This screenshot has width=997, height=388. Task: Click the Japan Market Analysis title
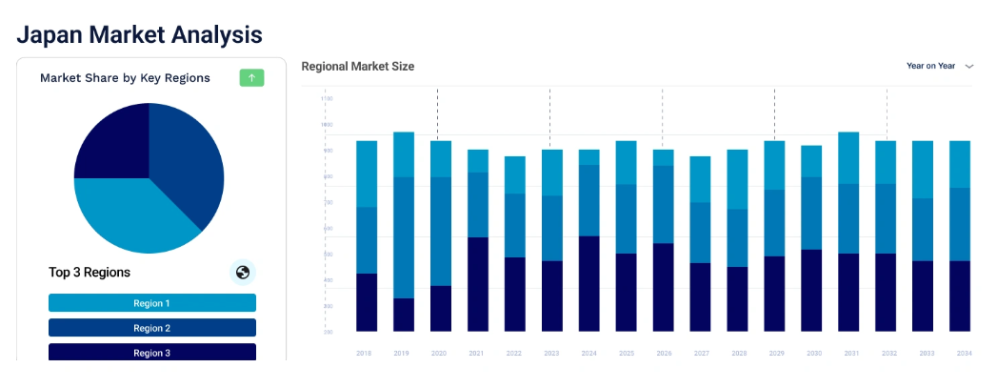(139, 35)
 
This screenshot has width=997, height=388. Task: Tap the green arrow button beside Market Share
(251, 77)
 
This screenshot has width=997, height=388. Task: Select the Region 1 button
(152, 303)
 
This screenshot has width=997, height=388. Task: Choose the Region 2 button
(152, 328)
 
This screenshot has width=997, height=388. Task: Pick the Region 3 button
(152, 352)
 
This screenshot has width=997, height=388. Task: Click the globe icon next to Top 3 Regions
(243, 273)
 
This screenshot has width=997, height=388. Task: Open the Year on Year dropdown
(939, 66)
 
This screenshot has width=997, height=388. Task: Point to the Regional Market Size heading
(357, 67)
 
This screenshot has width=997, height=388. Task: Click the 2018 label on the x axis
(364, 353)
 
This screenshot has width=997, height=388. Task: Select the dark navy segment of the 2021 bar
(477, 284)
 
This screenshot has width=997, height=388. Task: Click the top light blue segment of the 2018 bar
(367, 174)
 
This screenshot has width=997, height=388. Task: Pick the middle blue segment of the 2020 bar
(441, 231)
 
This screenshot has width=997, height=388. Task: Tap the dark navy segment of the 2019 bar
(404, 315)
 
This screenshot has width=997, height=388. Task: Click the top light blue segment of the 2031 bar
(848, 157)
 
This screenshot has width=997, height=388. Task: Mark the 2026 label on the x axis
(664, 353)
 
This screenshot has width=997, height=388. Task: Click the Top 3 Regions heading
(90, 273)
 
